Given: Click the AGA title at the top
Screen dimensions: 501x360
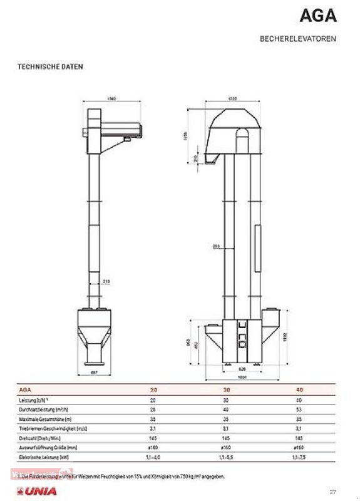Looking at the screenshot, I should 319,15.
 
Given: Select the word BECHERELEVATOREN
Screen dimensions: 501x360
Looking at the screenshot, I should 297,39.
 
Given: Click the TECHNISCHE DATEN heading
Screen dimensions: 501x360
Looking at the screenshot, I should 50,66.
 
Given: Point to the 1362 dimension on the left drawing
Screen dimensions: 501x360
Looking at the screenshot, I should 111,99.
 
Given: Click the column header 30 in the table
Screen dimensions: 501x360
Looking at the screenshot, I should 225,390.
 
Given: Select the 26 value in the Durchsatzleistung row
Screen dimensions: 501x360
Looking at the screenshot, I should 153,410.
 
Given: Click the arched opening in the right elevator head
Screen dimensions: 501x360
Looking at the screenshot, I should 242,140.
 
